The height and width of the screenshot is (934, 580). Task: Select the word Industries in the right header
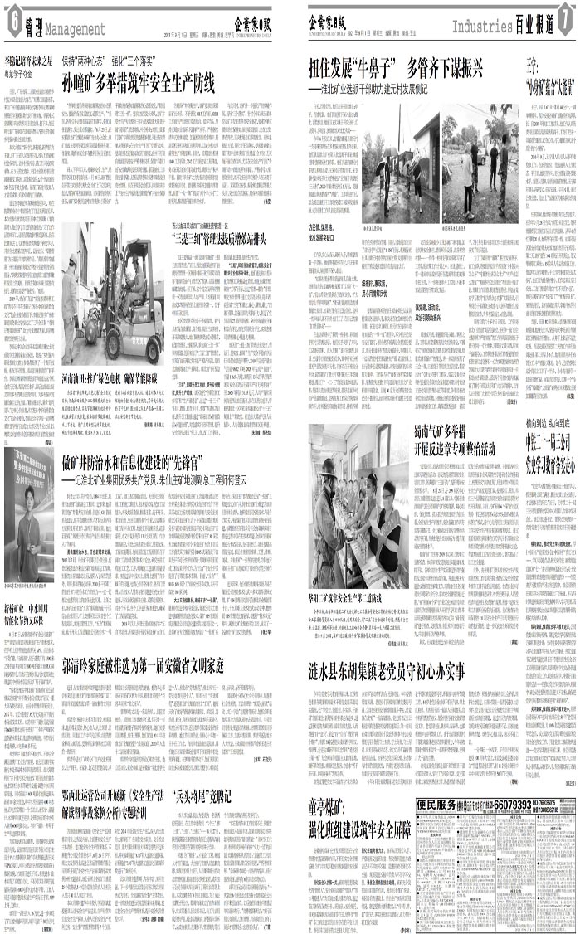478,27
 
